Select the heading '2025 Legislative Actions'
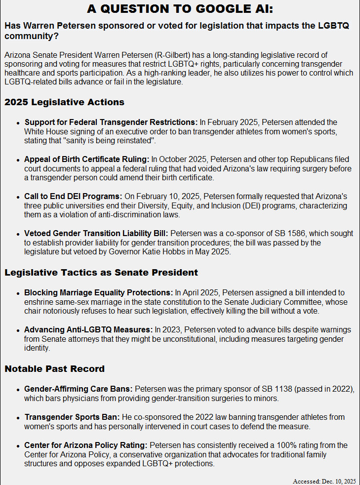pos(64,102)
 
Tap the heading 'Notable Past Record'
pos(54,368)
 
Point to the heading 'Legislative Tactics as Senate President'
pos(101,272)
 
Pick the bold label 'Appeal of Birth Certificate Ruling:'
pos(87,159)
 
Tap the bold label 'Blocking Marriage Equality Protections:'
pos(99,292)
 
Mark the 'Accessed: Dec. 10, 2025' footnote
pos(324,481)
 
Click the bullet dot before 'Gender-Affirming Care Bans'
pos(18,390)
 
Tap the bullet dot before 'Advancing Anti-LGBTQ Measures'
pos(18,330)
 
